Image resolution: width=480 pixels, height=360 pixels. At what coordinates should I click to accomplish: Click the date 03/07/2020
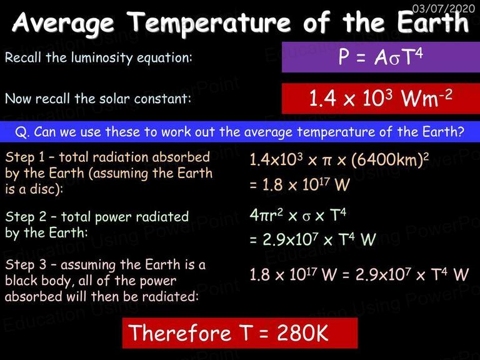click(444, 8)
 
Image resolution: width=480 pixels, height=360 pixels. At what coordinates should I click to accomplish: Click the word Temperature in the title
click(209, 22)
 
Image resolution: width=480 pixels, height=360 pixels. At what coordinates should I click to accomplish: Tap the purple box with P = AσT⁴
click(381, 57)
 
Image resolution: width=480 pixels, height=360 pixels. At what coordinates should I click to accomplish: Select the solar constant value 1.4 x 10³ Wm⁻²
click(381, 98)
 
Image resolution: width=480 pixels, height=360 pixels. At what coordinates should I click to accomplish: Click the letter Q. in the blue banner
click(21, 132)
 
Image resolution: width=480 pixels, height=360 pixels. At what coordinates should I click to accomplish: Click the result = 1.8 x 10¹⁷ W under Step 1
click(299, 184)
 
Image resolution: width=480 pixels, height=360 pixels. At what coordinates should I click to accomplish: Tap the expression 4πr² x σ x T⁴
click(297, 215)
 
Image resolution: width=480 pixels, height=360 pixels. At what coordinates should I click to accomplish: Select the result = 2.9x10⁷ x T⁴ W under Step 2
click(312, 239)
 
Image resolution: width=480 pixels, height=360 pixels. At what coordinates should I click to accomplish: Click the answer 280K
click(302, 332)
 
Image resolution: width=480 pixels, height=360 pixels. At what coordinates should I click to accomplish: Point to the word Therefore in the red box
click(180, 332)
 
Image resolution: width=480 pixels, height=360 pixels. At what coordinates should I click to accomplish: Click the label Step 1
click(25, 157)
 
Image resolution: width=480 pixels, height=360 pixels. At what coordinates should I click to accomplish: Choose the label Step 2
click(26, 217)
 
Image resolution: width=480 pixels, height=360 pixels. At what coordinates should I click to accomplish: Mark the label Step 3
click(26, 264)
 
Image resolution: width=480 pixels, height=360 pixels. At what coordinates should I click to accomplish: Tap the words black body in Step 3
click(38, 281)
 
